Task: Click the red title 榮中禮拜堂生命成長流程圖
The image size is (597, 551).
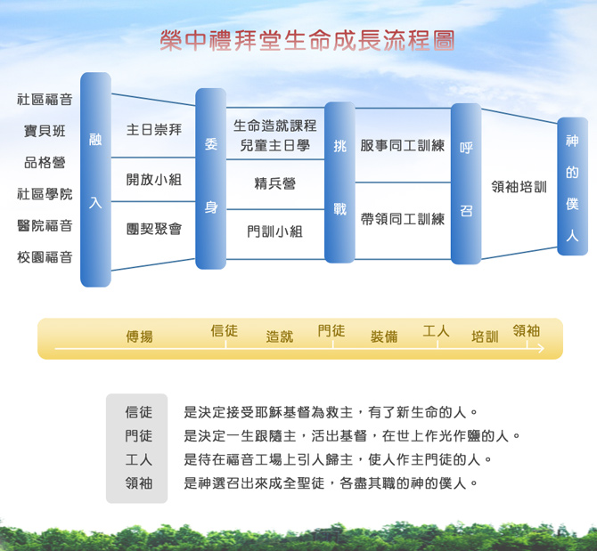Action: (307, 41)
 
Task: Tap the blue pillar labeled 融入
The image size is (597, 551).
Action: (95, 180)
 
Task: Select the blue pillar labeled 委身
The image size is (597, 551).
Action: (210, 179)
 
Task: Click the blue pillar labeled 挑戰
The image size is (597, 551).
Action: (339, 182)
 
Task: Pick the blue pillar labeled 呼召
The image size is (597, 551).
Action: (466, 183)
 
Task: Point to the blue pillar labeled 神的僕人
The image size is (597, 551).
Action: (572, 186)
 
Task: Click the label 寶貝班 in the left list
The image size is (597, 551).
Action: (45, 131)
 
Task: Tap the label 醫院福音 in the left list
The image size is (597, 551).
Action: (45, 225)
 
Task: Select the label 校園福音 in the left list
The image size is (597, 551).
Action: (45, 257)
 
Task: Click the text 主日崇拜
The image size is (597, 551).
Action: (154, 130)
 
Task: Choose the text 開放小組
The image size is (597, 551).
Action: (154, 180)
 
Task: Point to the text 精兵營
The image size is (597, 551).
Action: (275, 183)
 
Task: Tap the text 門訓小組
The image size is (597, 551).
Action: (275, 231)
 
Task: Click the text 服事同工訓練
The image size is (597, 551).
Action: (403, 145)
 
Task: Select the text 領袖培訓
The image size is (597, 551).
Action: (519, 187)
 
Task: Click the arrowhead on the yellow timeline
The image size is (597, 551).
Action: (542, 348)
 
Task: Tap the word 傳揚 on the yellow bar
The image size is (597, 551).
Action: (140, 336)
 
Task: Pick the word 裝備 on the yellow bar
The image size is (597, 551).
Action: (384, 336)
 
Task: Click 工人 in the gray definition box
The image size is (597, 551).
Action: (139, 459)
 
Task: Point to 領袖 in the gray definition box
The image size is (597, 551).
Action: (139, 483)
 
